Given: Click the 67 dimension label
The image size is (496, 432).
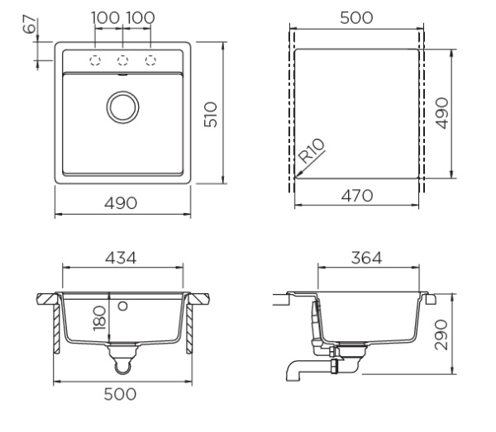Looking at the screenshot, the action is [x=31, y=24].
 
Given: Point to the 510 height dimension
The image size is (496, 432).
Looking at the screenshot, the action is [x=211, y=114].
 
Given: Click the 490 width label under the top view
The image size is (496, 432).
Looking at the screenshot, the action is [x=121, y=203].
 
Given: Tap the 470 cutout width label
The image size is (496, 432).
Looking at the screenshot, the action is [x=357, y=196].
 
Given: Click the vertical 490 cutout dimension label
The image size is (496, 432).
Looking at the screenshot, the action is [x=442, y=113].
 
